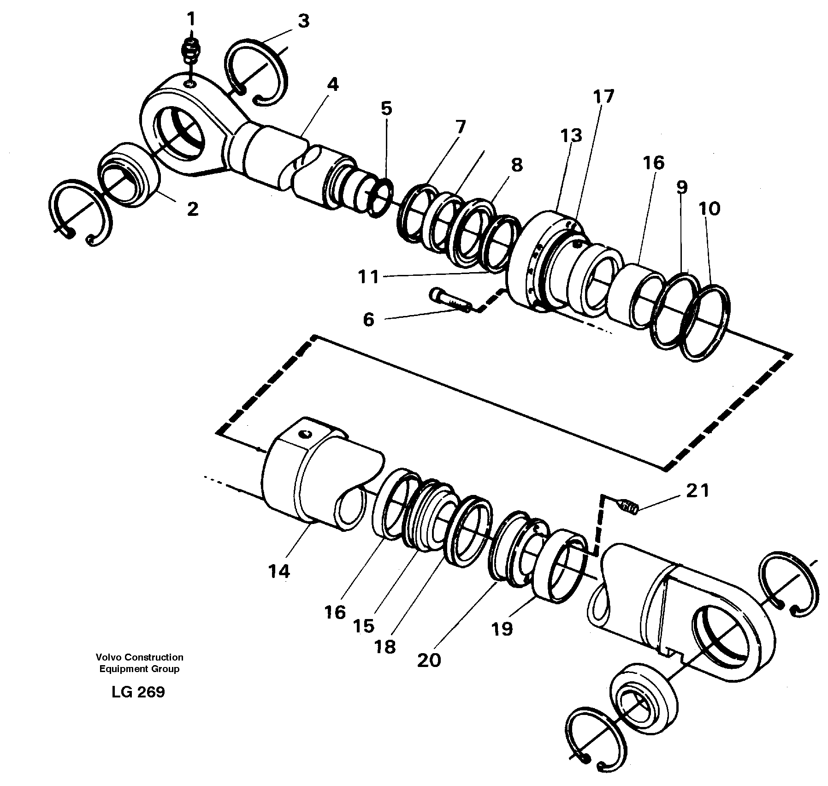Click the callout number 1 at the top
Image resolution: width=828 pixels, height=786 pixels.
191,20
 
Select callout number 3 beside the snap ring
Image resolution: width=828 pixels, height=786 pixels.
303,22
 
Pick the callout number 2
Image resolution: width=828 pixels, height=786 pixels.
192,209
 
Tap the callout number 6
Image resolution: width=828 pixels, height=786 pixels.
368,320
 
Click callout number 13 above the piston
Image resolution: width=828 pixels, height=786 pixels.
571,136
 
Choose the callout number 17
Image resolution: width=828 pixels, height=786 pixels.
603,97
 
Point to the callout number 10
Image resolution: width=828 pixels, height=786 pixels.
709,209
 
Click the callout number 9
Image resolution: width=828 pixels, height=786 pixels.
682,187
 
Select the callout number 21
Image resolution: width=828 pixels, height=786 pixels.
697,491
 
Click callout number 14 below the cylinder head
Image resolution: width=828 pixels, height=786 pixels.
278,572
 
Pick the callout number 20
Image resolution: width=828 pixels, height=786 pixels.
429,661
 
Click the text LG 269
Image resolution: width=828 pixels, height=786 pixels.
138,692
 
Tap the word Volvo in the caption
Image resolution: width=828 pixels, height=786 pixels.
107,657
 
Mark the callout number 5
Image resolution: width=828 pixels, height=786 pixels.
386,109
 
